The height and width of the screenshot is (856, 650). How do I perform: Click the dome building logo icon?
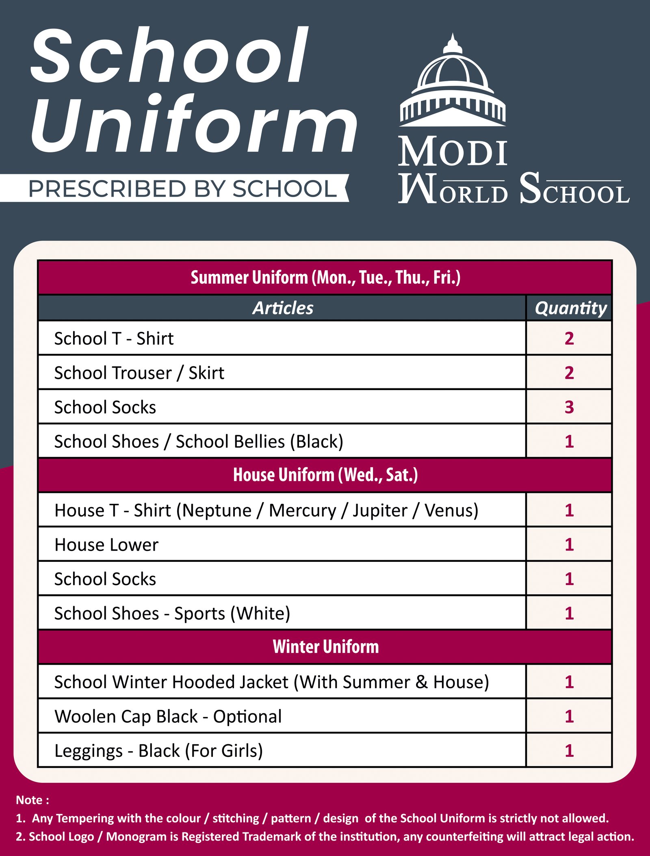(453, 81)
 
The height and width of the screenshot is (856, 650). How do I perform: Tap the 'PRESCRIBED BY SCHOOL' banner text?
(182, 189)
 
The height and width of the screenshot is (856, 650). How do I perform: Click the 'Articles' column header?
(283, 308)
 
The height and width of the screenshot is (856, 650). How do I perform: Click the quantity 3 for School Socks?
(569, 407)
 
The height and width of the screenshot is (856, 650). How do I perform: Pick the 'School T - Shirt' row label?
(114, 338)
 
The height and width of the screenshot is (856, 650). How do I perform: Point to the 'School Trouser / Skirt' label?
(139, 373)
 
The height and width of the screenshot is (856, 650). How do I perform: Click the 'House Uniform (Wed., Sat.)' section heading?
(325, 475)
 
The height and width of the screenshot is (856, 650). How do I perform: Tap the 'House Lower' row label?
(106, 545)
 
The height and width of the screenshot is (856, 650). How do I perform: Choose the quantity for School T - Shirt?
(569, 338)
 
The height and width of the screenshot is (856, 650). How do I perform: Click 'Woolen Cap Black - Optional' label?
(168, 716)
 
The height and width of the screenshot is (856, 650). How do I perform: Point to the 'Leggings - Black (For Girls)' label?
(158, 751)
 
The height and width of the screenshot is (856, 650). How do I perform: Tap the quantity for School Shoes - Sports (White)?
(569, 613)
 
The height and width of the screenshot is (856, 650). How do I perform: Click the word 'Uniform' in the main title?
(194, 124)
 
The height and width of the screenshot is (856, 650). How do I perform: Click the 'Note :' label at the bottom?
(32, 800)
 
